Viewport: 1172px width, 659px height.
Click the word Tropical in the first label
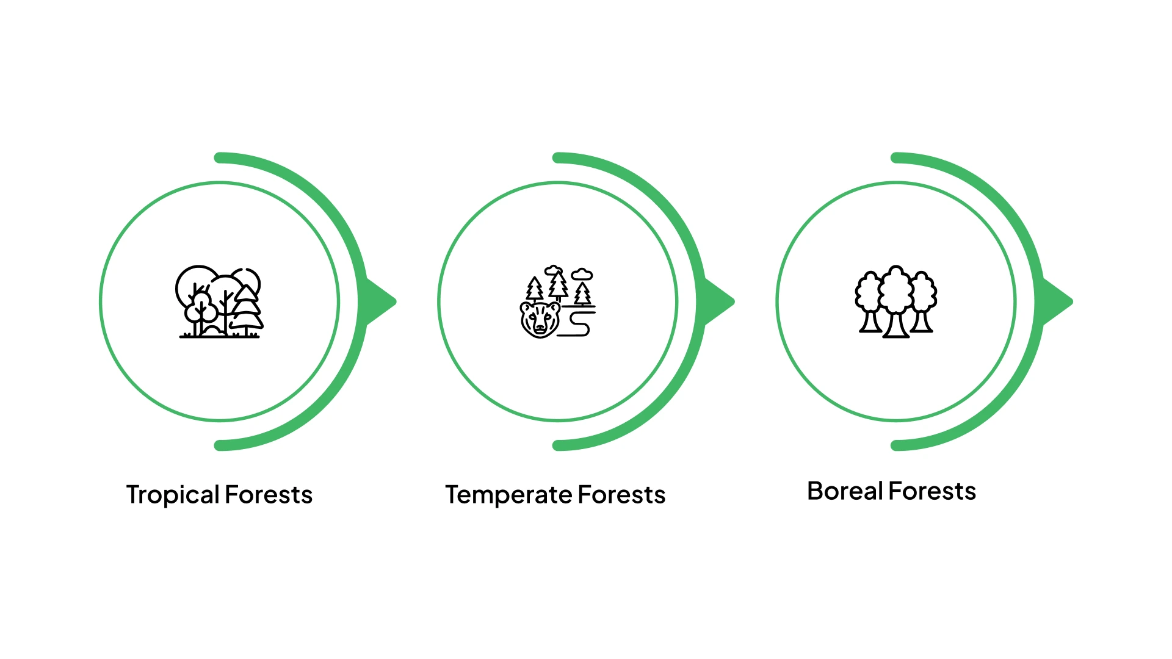[172, 495]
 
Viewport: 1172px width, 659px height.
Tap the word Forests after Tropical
[269, 495]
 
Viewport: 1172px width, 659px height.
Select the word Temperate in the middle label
[508, 495]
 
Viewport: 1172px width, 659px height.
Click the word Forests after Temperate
[621, 495]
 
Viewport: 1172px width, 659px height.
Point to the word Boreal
[845, 491]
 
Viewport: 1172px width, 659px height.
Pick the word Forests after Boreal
[932, 491]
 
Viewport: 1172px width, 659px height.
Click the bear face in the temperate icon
[540, 319]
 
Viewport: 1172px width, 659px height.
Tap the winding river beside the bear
[579, 323]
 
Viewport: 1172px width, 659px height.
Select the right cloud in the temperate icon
[582, 275]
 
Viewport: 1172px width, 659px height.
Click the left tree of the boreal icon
[869, 302]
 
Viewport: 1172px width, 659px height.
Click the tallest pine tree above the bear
[557, 284]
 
